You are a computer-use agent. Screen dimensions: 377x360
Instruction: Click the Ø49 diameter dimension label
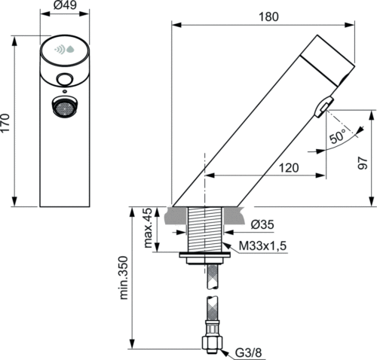click(65, 5)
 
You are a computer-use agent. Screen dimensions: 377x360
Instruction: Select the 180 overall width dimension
click(268, 17)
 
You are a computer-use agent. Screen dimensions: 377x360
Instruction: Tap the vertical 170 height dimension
click(5, 123)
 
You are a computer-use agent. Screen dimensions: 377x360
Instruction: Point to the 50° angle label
click(337, 136)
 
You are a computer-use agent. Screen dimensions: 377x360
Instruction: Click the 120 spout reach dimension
click(289, 168)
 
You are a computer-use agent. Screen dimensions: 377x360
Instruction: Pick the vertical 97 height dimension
click(363, 163)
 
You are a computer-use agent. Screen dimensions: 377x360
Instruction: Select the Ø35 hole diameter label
click(262, 224)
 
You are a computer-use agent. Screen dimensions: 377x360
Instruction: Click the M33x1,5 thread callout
click(262, 246)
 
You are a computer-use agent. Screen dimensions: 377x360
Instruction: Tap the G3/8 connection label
click(248, 352)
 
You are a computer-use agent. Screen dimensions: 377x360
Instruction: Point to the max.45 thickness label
click(148, 228)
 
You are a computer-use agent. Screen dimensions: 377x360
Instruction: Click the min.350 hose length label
click(124, 278)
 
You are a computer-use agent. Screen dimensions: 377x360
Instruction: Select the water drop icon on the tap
click(70, 50)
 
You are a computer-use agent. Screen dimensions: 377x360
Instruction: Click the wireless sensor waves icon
click(60, 50)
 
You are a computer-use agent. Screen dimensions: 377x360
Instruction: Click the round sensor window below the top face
click(65, 80)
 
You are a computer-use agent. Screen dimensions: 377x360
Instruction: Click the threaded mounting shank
click(205, 229)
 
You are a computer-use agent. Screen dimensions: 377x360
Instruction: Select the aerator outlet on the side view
click(324, 107)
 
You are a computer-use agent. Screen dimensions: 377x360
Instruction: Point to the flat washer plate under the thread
click(205, 255)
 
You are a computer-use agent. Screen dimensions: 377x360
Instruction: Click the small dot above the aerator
click(65, 91)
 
